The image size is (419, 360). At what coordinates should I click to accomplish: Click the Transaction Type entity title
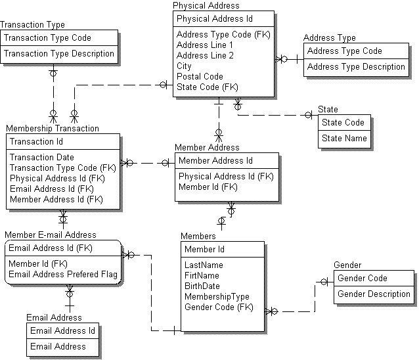(x=32, y=25)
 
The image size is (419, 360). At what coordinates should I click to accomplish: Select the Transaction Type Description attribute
(x=59, y=54)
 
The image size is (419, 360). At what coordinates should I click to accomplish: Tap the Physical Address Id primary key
(x=214, y=19)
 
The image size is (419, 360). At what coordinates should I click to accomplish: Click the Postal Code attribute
(x=200, y=76)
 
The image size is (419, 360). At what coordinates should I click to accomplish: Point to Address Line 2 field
(x=204, y=55)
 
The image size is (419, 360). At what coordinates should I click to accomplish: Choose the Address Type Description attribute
(x=356, y=66)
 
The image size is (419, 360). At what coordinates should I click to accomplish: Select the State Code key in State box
(x=343, y=122)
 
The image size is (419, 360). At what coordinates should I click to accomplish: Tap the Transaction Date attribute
(x=41, y=157)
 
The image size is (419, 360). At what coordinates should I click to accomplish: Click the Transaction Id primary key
(x=36, y=141)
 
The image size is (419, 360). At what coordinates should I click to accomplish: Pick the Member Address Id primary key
(x=215, y=160)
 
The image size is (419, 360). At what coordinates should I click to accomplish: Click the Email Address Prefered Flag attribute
(x=63, y=274)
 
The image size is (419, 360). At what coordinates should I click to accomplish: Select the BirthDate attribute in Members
(x=202, y=286)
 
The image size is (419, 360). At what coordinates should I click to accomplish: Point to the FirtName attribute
(x=202, y=276)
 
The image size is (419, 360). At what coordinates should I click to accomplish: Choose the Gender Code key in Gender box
(x=362, y=278)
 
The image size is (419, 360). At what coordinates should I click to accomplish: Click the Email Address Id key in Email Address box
(x=63, y=330)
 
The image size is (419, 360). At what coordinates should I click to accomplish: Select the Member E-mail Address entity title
(x=51, y=235)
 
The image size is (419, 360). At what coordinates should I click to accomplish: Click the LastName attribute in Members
(x=202, y=265)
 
